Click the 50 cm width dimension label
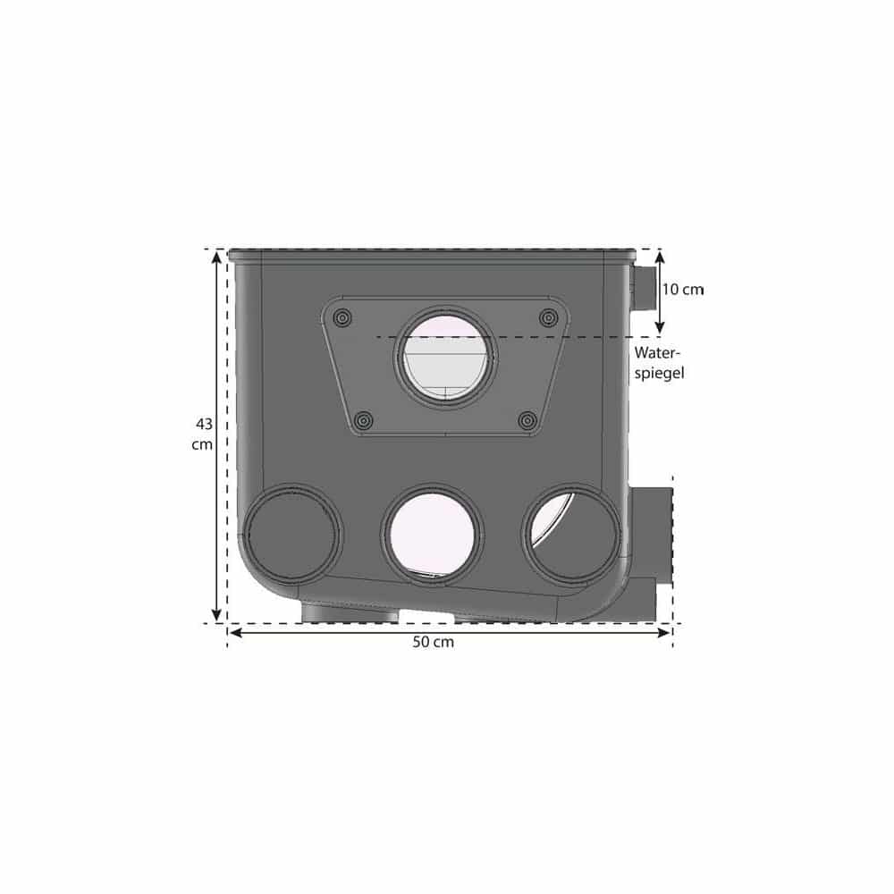click(x=434, y=642)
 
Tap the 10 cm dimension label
click(x=683, y=290)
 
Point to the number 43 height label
click(x=204, y=424)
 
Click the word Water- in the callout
click(x=657, y=353)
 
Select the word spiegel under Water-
click(x=659, y=374)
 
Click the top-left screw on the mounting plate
click(x=342, y=317)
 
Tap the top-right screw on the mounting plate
click(x=549, y=317)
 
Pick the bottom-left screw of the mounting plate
click(x=364, y=421)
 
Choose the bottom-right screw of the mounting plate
click(x=528, y=421)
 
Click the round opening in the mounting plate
click(x=445, y=358)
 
